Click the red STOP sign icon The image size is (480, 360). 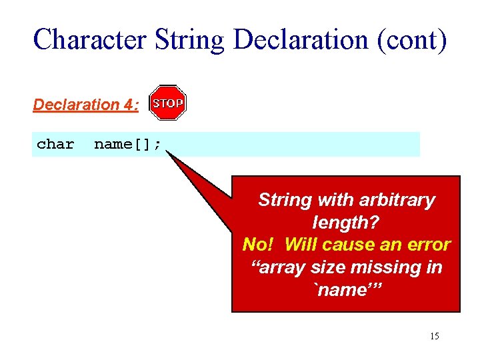click(x=167, y=103)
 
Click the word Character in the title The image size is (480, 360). click(x=89, y=39)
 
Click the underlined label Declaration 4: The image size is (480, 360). click(x=86, y=105)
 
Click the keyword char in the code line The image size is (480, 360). click(x=55, y=144)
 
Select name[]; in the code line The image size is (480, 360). click(x=127, y=144)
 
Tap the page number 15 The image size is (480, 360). click(x=434, y=336)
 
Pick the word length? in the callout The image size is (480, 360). click(x=345, y=222)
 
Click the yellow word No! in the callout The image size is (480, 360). click(x=259, y=245)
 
